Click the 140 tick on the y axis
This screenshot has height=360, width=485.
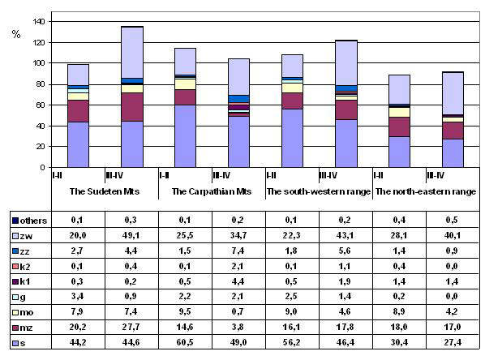38,22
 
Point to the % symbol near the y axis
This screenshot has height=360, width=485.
16,34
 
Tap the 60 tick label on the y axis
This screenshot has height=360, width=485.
41,105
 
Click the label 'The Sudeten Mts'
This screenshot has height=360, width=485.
105,191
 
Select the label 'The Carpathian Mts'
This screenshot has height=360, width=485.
212,191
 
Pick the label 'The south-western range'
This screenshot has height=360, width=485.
319,191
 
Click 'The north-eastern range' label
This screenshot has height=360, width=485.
426,191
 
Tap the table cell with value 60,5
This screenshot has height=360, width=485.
185,342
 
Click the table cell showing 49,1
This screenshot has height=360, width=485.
131,236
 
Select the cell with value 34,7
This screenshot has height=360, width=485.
238,236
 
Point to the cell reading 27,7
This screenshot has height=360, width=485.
131,327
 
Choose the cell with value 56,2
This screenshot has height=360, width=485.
292,342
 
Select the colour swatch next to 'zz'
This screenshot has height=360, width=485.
15,251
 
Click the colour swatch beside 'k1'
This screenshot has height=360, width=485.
15,281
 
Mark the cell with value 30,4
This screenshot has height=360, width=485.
399,342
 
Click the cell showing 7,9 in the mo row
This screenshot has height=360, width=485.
77,311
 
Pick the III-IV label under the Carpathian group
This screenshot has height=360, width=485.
221,176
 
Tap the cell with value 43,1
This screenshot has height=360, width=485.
346,236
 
